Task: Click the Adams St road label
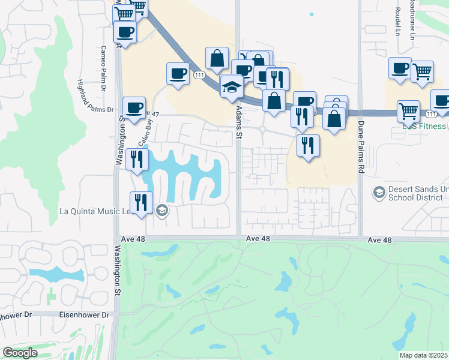pyautogui.click(x=238, y=123)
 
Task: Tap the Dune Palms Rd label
pyautogui.click(x=361, y=147)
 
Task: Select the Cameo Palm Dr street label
pyautogui.click(x=103, y=65)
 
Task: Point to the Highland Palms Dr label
pyautogui.click(x=97, y=96)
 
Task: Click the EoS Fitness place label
pyautogui.click(x=424, y=126)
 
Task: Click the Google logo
pyautogui.click(x=20, y=353)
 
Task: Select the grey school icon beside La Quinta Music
pyautogui.click(x=161, y=211)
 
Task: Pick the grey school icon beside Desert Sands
pyautogui.click(x=379, y=192)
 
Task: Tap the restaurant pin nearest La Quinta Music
pyautogui.click(x=141, y=202)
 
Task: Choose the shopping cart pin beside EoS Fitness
pyautogui.click(x=408, y=110)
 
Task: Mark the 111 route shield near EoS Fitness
pyautogui.click(x=430, y=113)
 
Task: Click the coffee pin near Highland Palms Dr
pyautogui.click(x=134, y=108)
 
